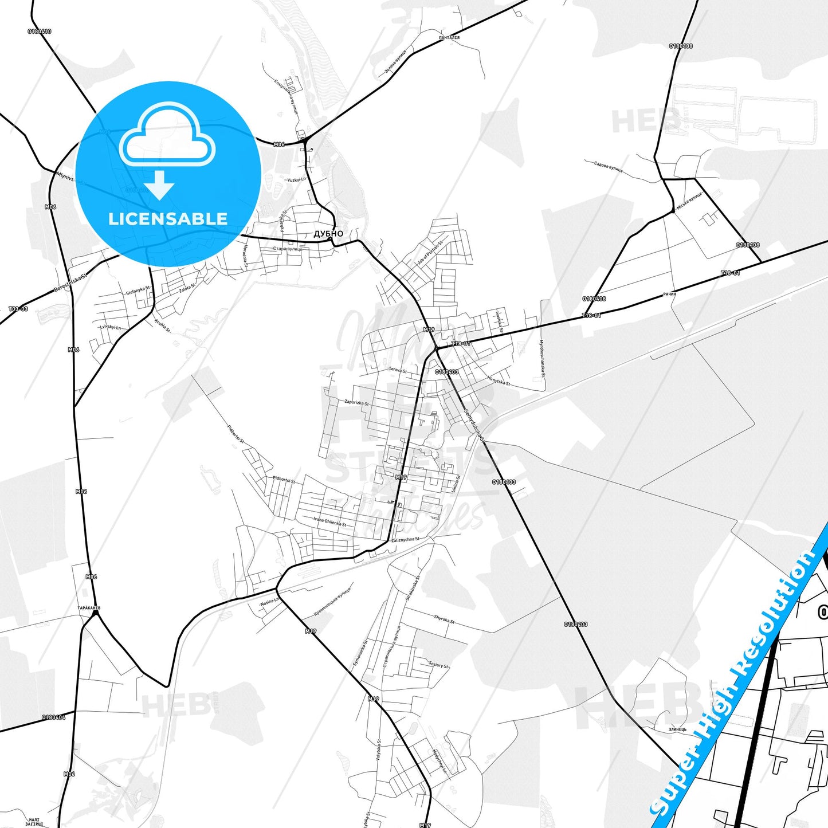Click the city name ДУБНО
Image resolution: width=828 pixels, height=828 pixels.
pos(328,234)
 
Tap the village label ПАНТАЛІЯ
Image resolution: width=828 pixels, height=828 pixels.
pos(449,38)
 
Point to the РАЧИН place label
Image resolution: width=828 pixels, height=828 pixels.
pos(669,294)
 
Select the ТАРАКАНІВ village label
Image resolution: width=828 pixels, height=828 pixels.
pos(89,607)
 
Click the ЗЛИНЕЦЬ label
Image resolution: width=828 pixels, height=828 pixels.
pos(677,729)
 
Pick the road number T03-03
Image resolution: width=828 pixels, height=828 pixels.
pos(18,309)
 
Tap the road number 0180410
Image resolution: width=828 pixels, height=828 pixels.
pos(39,32)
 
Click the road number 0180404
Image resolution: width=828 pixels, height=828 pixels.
pos(53,717)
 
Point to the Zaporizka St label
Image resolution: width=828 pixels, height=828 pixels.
pos(356,403)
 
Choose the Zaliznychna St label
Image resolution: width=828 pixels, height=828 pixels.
pos(405,540)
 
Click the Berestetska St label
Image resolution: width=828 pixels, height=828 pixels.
pos(70,282)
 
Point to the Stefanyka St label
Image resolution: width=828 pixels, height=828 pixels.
pos(138,291)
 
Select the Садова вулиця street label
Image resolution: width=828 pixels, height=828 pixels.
pos(608,166)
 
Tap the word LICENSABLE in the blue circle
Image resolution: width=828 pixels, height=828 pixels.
pos(168,219)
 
